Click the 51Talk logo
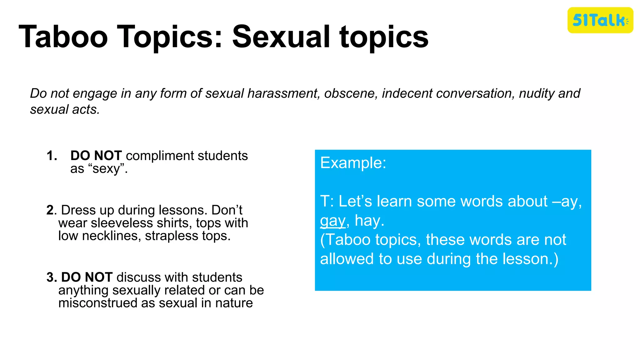[x=600, y=20]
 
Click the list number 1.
[x=52, y=156]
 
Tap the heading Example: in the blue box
[x=353, y=163]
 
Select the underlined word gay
[x=333, y=221]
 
